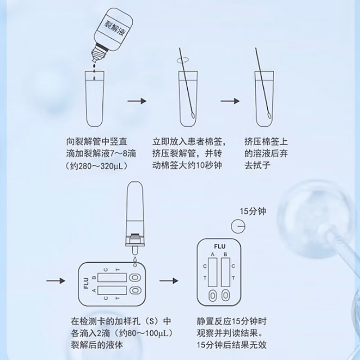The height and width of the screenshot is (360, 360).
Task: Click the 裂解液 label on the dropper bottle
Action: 115,28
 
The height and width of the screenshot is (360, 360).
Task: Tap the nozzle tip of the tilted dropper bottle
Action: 94,61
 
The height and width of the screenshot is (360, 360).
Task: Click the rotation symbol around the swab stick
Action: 183,60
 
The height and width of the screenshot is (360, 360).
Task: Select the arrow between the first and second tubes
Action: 137,101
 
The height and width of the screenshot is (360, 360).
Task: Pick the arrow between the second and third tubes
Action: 230,101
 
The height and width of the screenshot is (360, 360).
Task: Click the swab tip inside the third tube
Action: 269,116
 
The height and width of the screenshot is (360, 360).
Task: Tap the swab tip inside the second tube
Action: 193,116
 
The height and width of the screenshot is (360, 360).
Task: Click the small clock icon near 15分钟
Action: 238,226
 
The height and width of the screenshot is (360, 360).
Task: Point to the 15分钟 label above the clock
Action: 253,211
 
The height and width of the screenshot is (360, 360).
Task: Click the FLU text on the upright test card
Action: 220,247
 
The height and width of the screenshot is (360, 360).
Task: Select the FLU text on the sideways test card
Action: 86,283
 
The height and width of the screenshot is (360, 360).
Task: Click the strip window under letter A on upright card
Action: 212,272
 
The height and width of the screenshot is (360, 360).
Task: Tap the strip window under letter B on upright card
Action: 225,272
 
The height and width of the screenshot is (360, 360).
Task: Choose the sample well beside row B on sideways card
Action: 135,278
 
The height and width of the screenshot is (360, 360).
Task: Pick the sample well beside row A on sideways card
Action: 135,290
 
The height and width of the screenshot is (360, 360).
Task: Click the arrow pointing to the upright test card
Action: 169,280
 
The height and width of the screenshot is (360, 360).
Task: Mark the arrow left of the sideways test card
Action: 56,280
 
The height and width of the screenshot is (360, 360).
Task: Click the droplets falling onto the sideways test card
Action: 135,262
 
